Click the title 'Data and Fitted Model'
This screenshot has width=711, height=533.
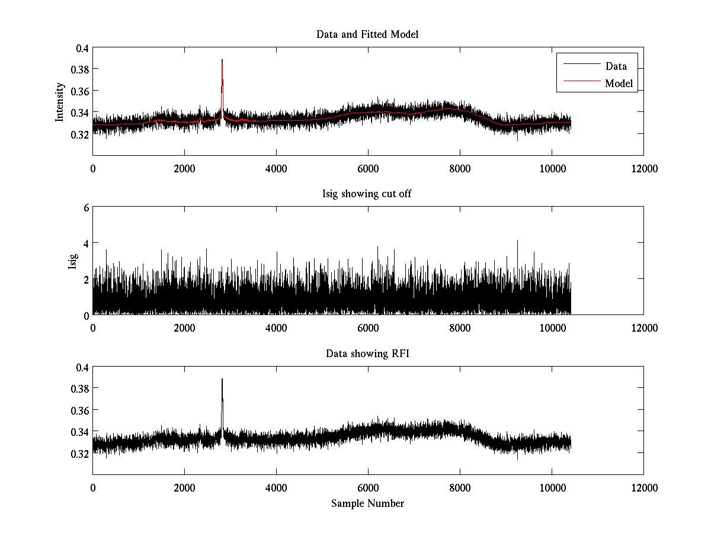[x=367, y=34]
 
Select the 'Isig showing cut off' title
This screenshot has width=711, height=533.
[x=367, y=194]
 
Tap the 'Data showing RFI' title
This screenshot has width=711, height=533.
[x=367, y=354]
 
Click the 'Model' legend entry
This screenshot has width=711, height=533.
[x=619, y=84]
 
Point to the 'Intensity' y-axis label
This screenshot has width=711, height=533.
[x=60, y=101]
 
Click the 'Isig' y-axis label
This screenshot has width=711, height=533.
[x=73, y=261]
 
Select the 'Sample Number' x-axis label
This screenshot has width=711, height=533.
[x=367, y=503]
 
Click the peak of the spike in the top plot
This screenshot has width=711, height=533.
[x=222, y=60]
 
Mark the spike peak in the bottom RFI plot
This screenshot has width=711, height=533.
[x=222, y=379]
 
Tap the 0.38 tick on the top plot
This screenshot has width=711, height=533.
[x=81, y=69]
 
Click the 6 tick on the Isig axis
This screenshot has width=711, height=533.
[x=85, y=207]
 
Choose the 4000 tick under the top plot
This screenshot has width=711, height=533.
[x=276, y=168]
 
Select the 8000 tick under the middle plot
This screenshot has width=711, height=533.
[x=460, y=327]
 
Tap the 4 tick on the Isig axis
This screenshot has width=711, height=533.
[x=85, y=243]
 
